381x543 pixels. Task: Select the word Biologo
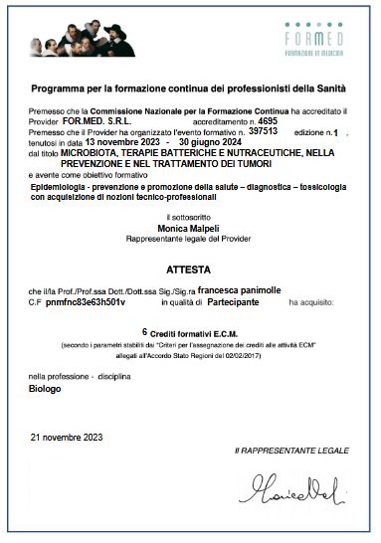tap(45, 392)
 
